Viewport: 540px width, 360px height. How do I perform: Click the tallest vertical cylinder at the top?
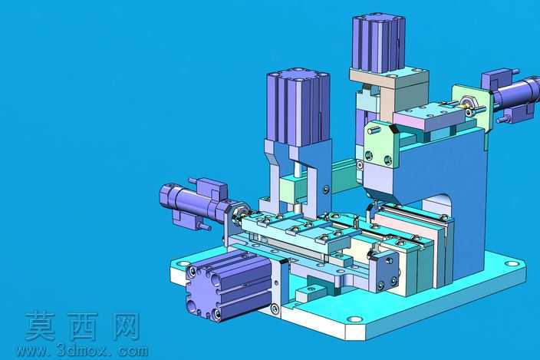[x=378, y=43]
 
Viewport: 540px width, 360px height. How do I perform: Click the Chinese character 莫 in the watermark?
[x=40, y=325]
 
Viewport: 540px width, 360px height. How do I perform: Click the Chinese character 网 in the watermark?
[x=125, y=326]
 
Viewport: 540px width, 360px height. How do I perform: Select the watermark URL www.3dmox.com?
[x=82, y=351]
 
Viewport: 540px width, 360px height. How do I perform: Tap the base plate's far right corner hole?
[x=512, y=264]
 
